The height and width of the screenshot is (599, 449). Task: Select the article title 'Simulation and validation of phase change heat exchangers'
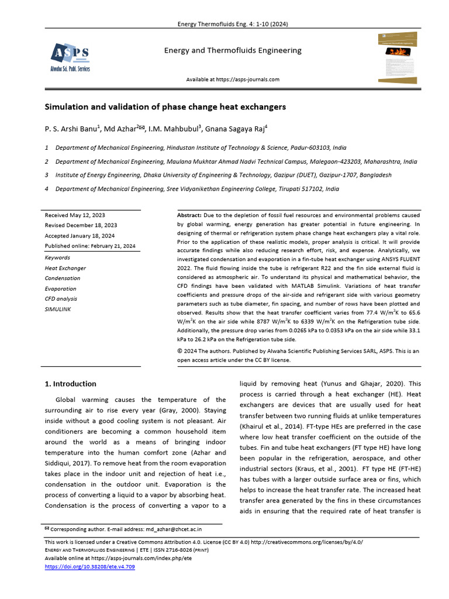coord(165,107)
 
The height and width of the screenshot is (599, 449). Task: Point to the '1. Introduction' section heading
coord(71,384)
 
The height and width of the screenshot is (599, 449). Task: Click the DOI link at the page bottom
coord(89,567)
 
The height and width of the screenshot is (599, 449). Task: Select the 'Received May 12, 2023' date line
coord(75,215)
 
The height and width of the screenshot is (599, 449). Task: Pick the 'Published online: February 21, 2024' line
coord(90,246)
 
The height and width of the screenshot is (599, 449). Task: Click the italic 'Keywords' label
coord(57,257)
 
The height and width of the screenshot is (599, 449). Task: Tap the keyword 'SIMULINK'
coord(57,309)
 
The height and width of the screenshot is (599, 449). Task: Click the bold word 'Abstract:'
coord(189,215)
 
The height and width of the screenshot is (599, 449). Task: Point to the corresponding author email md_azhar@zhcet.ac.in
coord(173,529)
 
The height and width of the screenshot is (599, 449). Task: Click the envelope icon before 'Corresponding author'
coord(47,529)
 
